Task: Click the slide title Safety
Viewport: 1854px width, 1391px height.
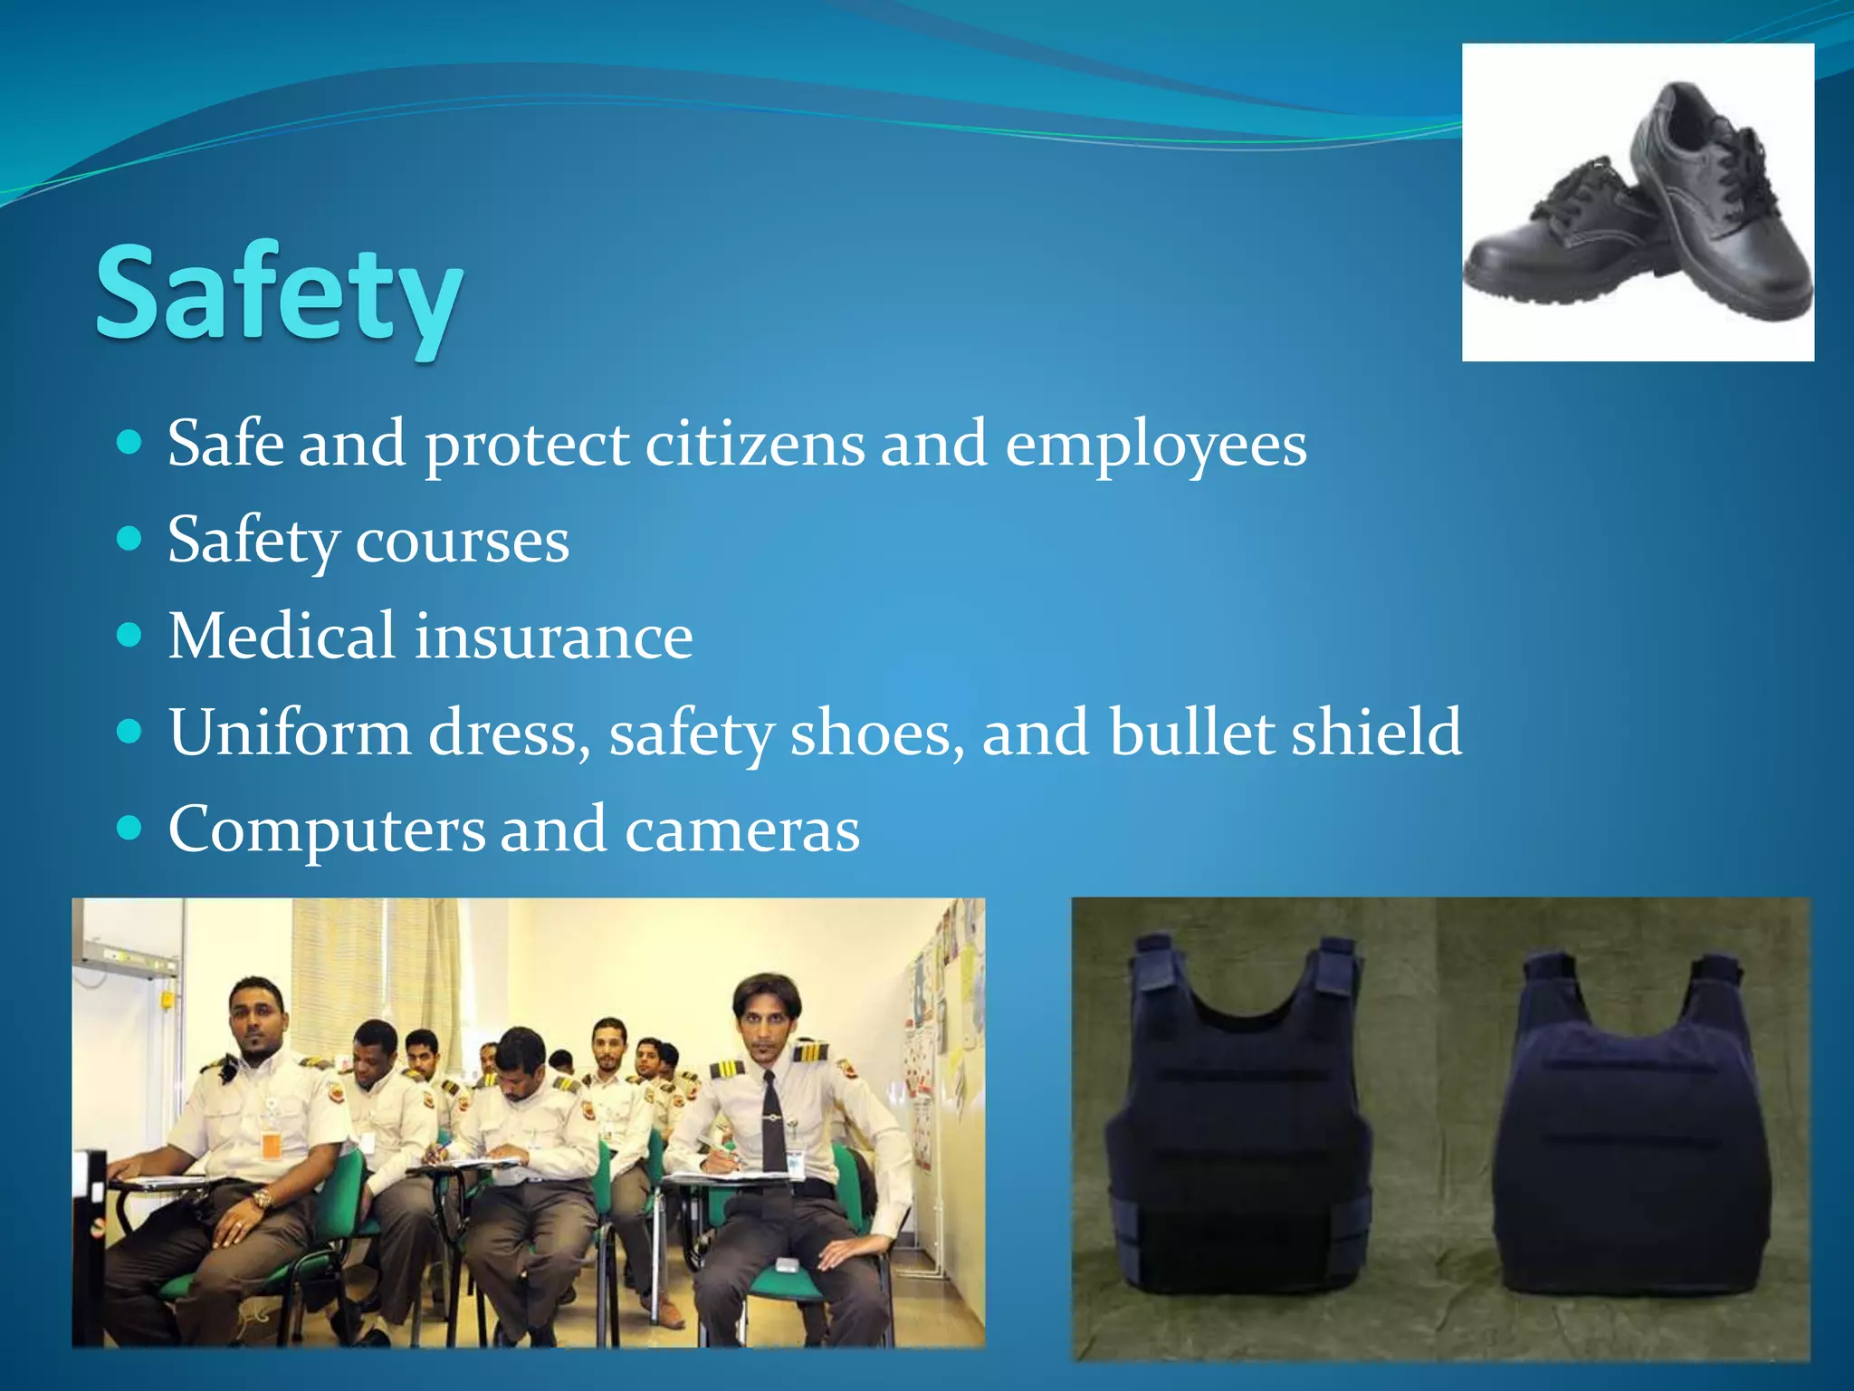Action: coord(279,294)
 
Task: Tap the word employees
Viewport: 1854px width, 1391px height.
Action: coord(1156,446)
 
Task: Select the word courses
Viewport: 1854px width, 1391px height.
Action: coord(462,542)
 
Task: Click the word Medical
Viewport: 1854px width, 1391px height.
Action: coord(282,636)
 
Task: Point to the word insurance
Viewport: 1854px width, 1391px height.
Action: coord(553,636)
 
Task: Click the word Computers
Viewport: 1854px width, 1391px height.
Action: coord(326,829)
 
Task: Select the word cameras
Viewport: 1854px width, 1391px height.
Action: coord(742,830)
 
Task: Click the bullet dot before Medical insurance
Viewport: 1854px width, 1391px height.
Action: coord(130,636)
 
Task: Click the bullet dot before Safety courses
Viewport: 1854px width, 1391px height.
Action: coord(130,540)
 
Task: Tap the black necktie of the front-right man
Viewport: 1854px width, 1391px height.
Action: coord(772,1132)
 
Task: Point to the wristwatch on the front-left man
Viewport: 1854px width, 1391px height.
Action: coord(262,1201)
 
